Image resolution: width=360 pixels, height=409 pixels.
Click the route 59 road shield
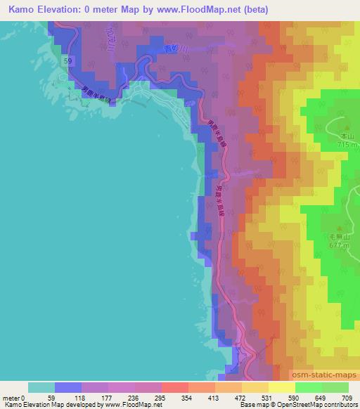[67, 62]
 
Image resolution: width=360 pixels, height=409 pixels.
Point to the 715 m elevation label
[347, 144]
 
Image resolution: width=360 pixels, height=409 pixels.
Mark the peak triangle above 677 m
[340, 228]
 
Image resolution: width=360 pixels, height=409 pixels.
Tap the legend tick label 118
[82, 397]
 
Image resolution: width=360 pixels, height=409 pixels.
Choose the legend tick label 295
[162, 397]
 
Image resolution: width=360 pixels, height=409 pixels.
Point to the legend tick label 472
[241, 397]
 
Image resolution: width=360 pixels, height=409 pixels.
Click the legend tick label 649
[321, 397]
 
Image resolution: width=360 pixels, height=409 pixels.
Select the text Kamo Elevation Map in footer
[28, 405]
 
